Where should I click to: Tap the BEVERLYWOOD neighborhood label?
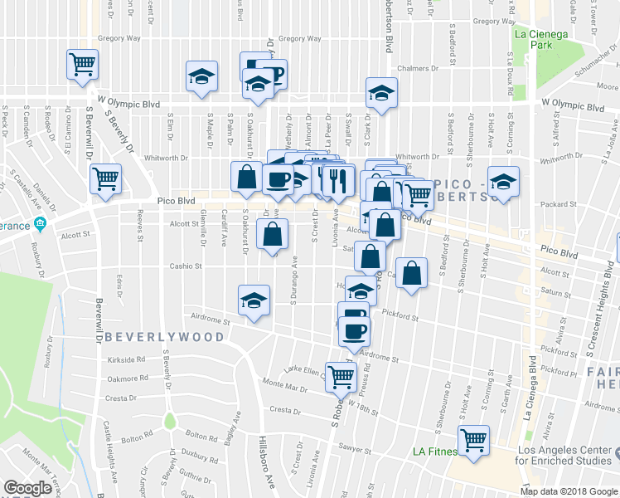click(164, 337)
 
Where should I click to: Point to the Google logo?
click(27, 488)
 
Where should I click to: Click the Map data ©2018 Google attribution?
click(568, 491)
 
